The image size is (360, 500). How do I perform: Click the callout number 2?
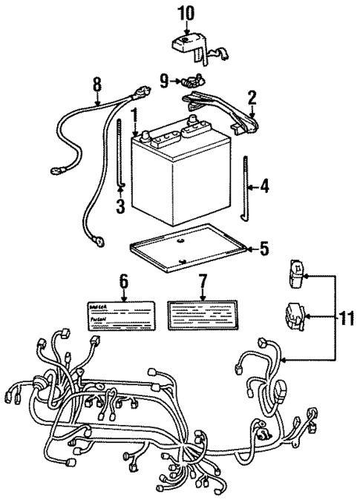coord(252,98)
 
